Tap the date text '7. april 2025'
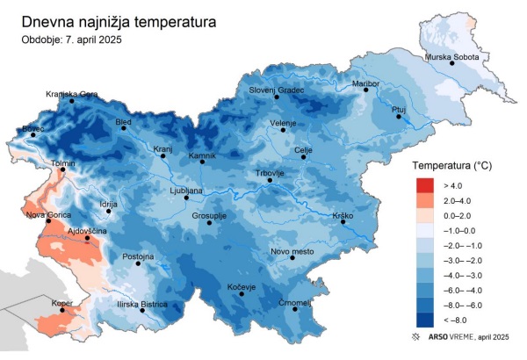pos(92,39)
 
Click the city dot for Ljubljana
pos(186,198)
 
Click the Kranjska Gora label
pos(72,93)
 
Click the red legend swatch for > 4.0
pos(425,185)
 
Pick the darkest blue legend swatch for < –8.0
pos(425,320)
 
